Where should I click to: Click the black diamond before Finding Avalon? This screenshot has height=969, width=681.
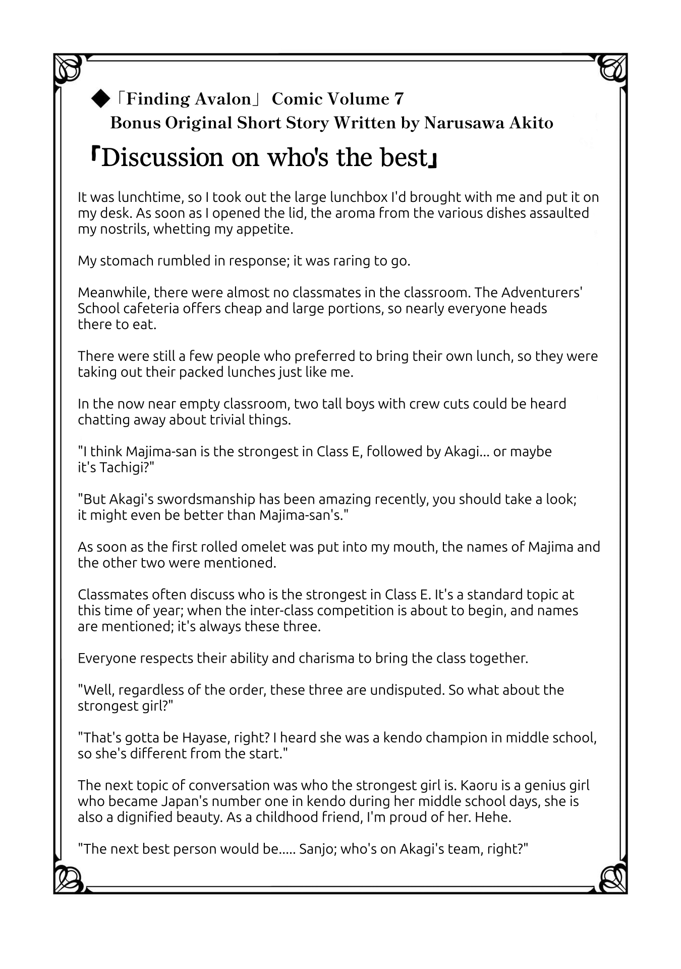pyautogui.click(x=100, y=99)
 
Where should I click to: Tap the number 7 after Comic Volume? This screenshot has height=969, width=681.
pyautogui.click(x=399, y=99)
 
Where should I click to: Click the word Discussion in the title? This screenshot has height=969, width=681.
pyautogui.click(x=162, y=158)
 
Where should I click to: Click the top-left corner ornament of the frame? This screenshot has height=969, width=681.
pyautogui.click(x=68, y=68)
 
